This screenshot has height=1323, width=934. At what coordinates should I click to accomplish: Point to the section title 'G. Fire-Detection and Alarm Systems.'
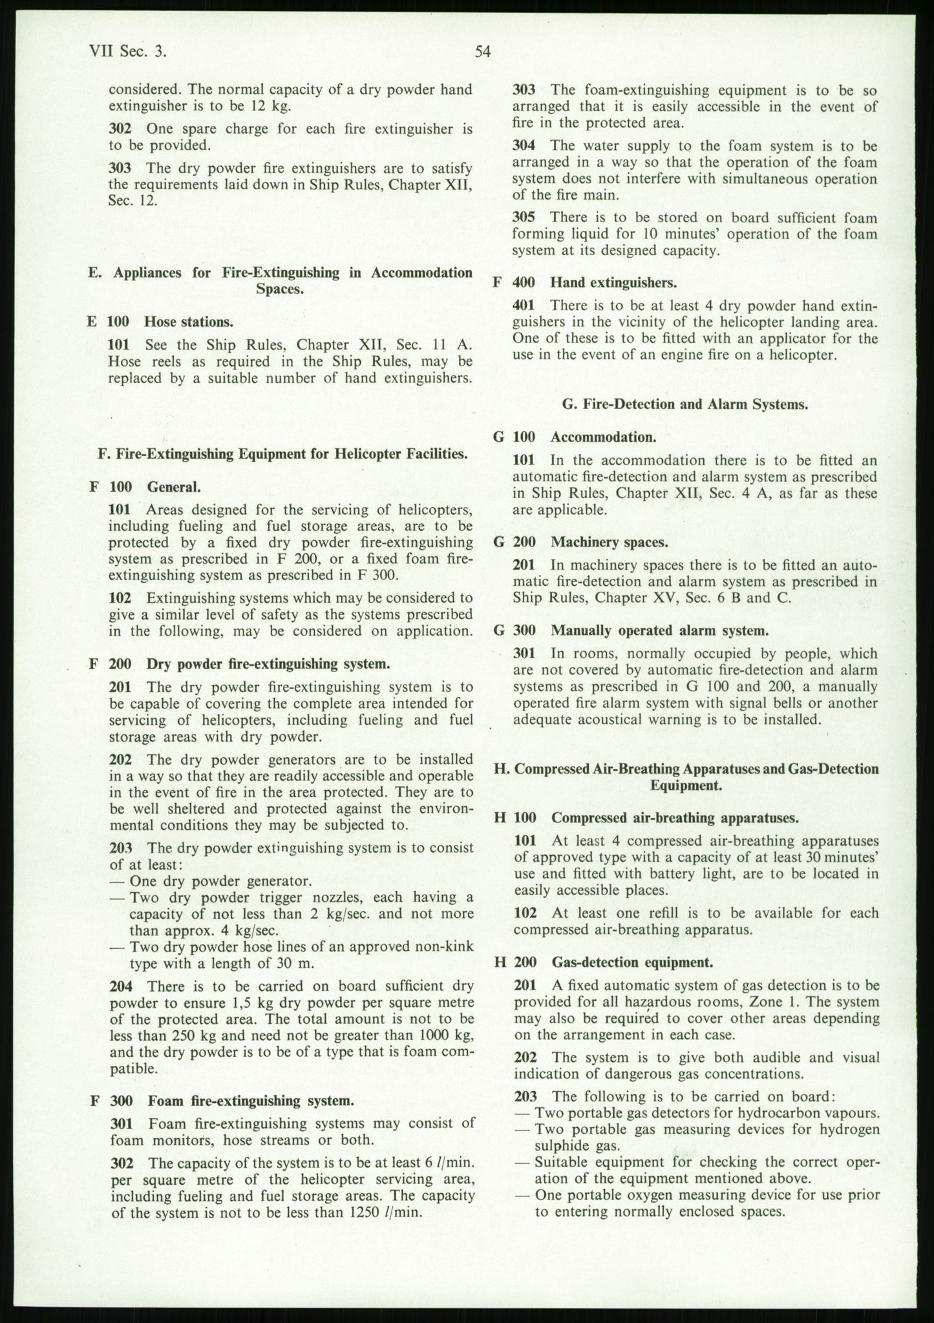point(685,405)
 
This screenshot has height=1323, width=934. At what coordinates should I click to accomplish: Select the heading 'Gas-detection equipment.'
point(632,962)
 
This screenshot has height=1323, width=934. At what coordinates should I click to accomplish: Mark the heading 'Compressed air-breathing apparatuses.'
point(675,817)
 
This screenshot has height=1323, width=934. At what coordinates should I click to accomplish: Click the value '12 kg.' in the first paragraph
point(270,106)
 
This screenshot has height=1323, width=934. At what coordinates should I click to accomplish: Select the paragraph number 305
point(523,218)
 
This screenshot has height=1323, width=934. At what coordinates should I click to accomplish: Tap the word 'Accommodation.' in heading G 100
point(603,437)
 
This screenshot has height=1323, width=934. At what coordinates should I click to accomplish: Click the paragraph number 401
point(523,305)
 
